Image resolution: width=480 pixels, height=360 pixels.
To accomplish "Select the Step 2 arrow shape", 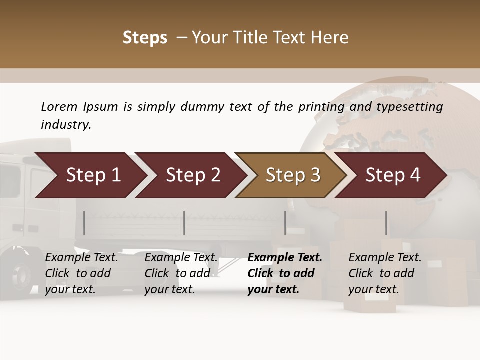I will tap(193, 175).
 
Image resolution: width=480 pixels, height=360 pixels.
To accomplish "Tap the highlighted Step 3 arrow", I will tap(293, 175).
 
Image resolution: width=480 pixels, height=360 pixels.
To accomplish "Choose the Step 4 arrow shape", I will tap(393, 175).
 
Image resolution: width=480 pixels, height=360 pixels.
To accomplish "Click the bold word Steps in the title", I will tap(145, 38).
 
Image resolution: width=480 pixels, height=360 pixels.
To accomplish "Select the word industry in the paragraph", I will tap(66, 124).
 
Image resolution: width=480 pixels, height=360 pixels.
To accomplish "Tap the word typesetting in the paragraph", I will tap(412, 107).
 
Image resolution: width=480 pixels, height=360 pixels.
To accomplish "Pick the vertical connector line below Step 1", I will tap(84, 223).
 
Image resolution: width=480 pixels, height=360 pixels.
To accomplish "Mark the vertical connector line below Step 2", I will tap(184, 223).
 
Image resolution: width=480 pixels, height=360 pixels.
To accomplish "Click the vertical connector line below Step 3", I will tap(285, 223).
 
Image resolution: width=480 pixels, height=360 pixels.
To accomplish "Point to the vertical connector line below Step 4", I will tap(386, 223).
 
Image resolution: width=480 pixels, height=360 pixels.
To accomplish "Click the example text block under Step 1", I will tap(81, 273).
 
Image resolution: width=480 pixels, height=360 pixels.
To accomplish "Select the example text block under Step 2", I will tap(181, 273).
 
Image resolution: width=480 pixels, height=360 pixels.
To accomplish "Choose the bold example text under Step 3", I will tap(285, 273).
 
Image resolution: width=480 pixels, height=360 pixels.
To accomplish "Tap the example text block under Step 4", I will tap(385, 273).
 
